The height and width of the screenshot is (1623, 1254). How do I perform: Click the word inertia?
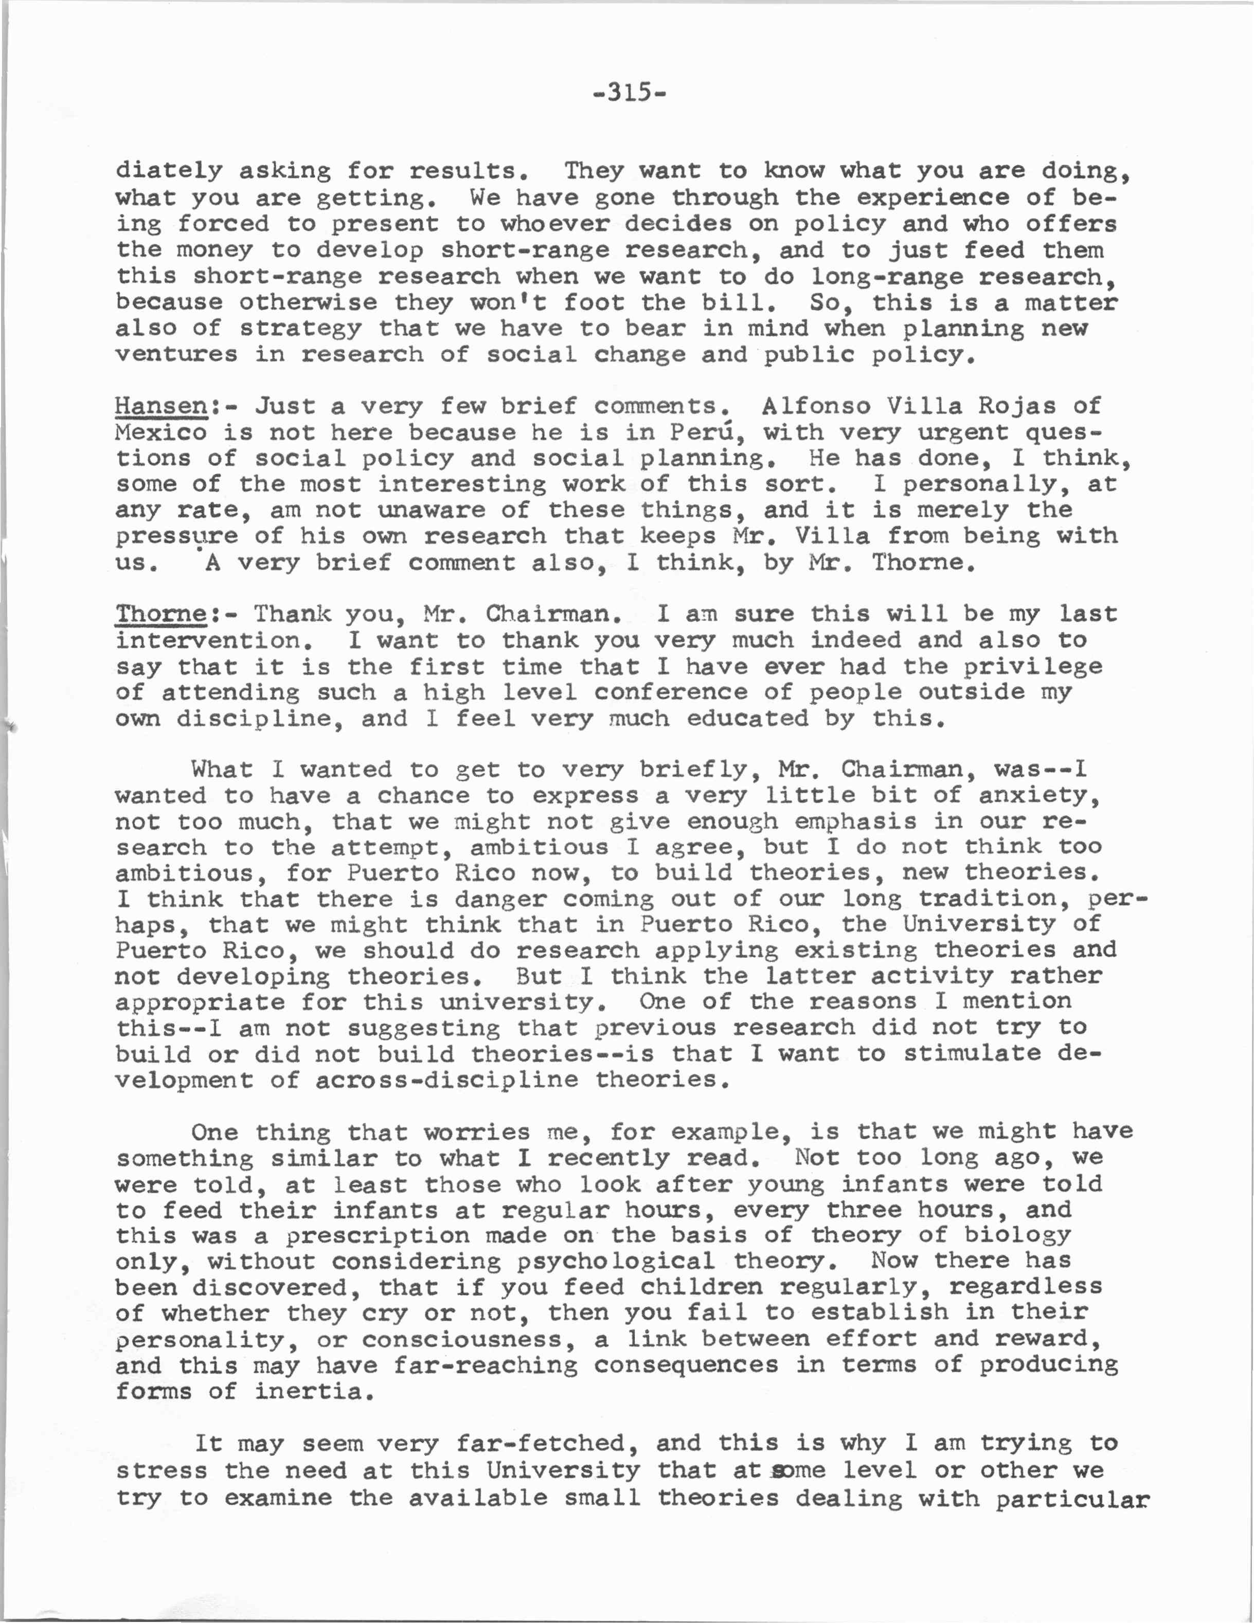[x=313, y=1391]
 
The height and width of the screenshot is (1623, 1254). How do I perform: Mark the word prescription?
[x=378, y=1235]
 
